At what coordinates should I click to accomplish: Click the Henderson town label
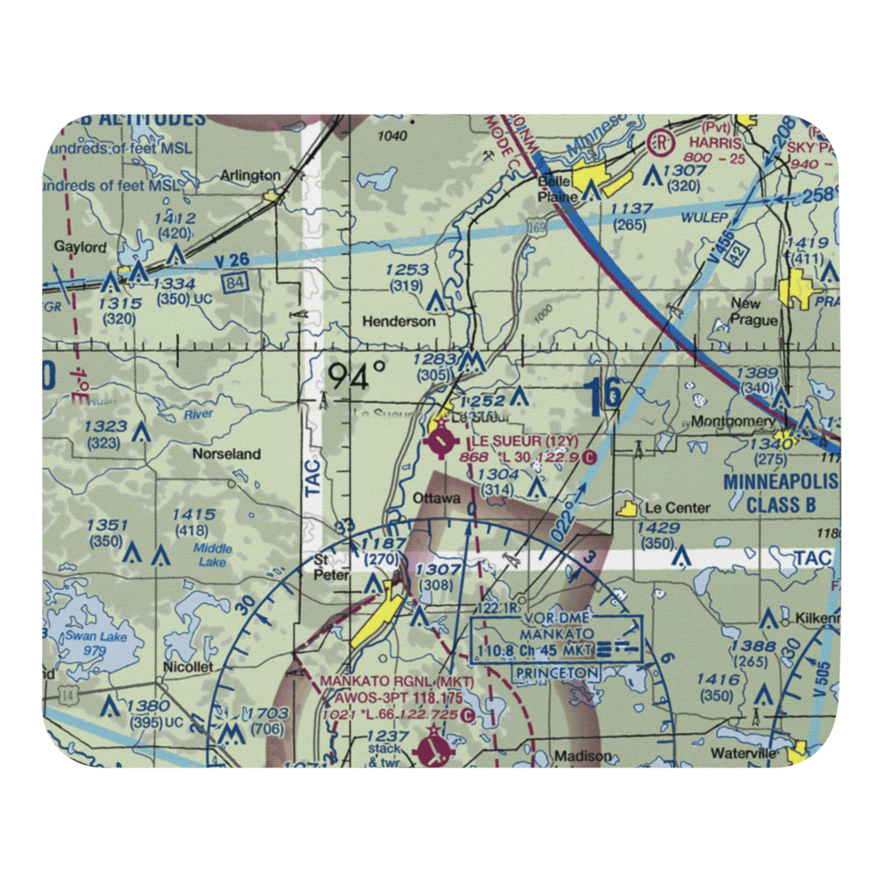point(400,322)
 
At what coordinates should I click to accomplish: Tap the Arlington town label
point(250,176)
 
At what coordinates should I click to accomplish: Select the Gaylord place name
point(80,248)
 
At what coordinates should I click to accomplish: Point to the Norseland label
point(227,454)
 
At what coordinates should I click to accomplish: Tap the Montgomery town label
point(732,422)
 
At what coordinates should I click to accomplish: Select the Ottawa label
point(437,498)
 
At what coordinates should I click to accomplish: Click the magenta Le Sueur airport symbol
point(439,437)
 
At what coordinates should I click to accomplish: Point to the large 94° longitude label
point(356,377)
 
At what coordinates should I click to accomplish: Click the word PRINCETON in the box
point(557,673)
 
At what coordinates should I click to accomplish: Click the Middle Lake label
point(213,554)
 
